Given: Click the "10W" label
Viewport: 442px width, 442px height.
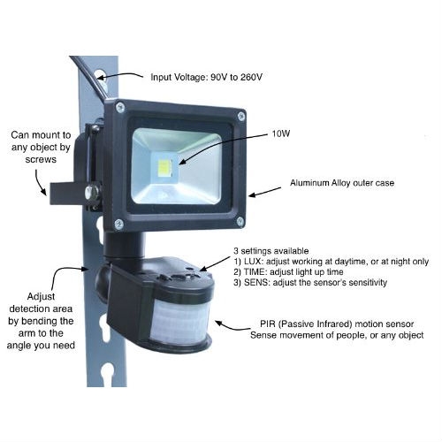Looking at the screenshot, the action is [x=280, y=133].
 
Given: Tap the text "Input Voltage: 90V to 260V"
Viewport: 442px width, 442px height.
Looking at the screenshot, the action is [x=206, y=77].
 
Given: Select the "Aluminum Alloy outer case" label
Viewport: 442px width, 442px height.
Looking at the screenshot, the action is [x=342, y=183].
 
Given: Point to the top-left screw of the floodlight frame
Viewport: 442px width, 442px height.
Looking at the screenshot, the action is [x=120, y=107].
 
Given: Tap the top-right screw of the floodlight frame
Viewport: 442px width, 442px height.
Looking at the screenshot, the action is [x=241, y=116].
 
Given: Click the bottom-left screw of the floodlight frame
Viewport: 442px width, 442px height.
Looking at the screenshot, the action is [x=118, y=225].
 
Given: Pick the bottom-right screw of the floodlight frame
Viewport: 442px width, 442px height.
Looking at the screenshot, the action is [x=240, y=221].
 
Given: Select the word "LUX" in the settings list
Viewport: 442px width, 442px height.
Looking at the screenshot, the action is [x=253, y=262].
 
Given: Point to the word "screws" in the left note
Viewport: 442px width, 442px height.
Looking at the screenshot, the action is [x=41, y=159].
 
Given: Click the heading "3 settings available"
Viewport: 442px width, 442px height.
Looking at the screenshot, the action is [x=271, y=251].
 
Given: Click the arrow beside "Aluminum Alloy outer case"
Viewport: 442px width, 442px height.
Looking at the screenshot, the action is [x=264, y=192].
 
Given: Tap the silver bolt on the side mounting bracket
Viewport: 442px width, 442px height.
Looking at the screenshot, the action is [x=92, y=193].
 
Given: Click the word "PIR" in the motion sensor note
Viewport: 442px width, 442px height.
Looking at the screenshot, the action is [x=268, y=324].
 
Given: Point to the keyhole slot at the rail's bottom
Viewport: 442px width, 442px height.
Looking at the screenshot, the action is [x=107, y=374].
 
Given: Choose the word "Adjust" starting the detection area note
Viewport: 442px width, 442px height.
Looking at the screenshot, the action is [x=41, y=297].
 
